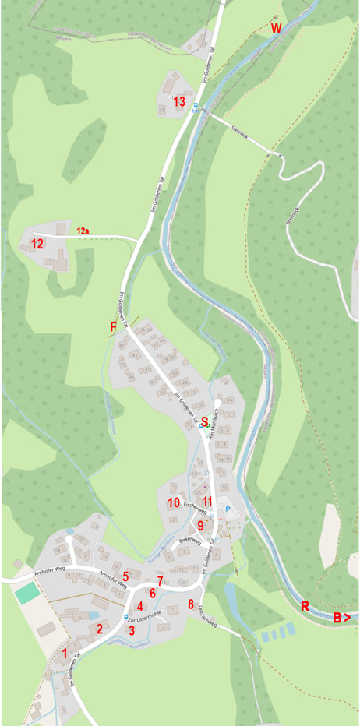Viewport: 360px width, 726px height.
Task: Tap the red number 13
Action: click(x=179, y=101)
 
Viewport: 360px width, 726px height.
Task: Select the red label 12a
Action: click(x=83, y=231)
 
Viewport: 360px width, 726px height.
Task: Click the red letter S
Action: click(x=205, y=421)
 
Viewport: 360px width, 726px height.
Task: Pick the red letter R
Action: click(x=305, y=606)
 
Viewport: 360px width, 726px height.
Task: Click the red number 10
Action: click(x=173, y=502)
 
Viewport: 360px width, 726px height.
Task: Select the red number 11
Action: click(x=207, y=501)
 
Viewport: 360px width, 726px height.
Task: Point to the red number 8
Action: click(x=191, y=604)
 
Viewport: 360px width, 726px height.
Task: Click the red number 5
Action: click(x=125, y=576)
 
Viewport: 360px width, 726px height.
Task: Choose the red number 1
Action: click(x=65, y=653)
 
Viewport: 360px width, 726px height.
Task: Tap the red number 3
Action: click(x=132, y=629)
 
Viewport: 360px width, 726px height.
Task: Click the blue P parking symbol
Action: click(x=228, y=509)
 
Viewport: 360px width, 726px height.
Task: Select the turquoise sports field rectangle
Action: click(x=26, y=593)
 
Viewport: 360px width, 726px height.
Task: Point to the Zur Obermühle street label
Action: click(x=139, y=619)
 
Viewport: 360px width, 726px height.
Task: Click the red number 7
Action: click(x=160, y=581)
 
